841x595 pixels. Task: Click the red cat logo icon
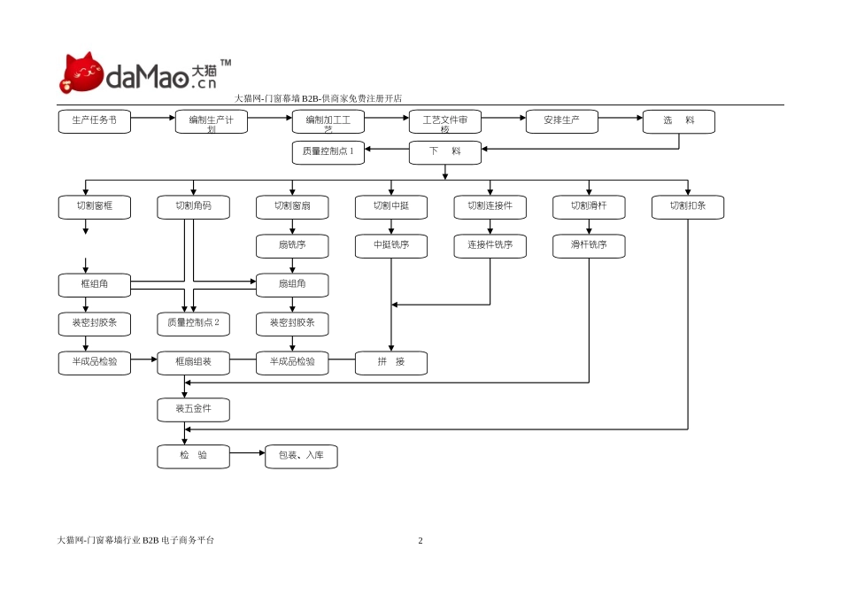click(81, 73)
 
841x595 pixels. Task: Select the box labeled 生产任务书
click(95, 121)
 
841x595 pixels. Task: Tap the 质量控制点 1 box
click(328, 152)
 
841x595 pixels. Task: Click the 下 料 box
click(445, 152)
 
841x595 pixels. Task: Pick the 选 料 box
click(679, 121)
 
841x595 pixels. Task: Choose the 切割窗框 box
click(95, 207)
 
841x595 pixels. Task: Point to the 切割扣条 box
click(688, 207)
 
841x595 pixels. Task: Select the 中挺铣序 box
click(391, 246)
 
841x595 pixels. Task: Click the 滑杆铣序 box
click(589, 246)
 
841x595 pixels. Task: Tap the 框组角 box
click(95, 285)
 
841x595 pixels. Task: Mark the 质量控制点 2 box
click(193, 323)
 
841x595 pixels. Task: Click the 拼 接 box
click(391, 363)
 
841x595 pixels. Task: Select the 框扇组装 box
click(193, 363)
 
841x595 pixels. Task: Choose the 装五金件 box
click(193, 409)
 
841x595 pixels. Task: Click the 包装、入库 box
click(301, 456)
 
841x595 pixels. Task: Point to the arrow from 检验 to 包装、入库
click(247, 452)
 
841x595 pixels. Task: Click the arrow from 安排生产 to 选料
click(620, 118)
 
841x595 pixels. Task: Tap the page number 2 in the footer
click(420, 540)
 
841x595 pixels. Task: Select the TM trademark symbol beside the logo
click(226, 63)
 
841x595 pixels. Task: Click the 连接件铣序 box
click(490, 246)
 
